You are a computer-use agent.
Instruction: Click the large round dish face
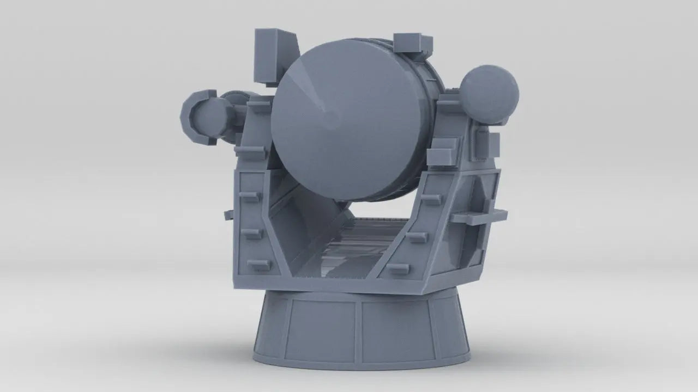[349, 125]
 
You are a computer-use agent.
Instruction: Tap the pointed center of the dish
[328, 115]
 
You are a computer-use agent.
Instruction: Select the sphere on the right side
[489, 94]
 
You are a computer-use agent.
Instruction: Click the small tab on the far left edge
[228, 215]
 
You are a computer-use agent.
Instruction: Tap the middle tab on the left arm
[251, 234]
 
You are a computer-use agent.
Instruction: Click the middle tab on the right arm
[417, 237]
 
